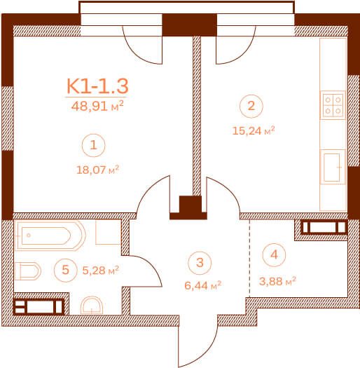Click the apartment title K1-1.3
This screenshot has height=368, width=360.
pos(97,86)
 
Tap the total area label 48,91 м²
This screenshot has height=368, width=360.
pos(97,106)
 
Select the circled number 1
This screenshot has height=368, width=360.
pos(94,145)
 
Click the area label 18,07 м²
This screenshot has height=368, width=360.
pos(97,170)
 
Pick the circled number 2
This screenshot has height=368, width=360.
pos(251,106)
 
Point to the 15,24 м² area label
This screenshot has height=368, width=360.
pos(254,130)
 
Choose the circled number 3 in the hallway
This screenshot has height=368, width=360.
pos(200,263)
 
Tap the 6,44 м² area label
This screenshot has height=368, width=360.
pos(203,285)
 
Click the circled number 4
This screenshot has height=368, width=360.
pos(274,255)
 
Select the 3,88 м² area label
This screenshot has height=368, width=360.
pos(277,281)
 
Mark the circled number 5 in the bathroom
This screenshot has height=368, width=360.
pos(66,270)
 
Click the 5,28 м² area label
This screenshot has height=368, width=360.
pos(101,271)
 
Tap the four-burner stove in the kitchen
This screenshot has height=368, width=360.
pos(333,105)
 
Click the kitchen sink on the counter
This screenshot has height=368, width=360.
pos(333,167)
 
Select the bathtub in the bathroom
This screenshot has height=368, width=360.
pos(50,236)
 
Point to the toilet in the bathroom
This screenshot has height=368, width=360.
pos(28,271)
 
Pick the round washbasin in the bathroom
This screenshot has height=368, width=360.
pos(92,306)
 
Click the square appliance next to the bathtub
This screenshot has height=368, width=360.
pos(108,232)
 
